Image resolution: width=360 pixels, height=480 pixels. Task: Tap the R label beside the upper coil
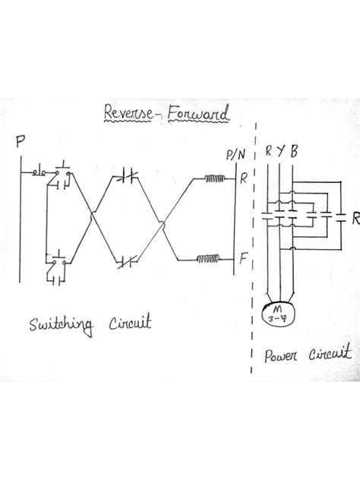point(243,181)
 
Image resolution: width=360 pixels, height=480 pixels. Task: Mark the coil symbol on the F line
point(207,259)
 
